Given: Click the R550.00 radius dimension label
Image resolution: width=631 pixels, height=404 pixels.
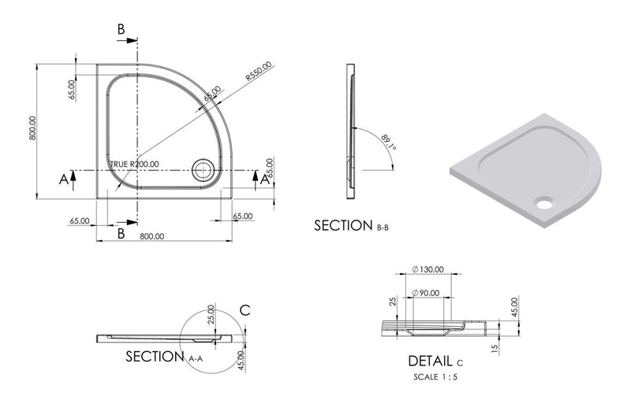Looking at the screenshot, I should (258, 72).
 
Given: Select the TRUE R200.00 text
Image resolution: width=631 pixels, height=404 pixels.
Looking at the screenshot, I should (133, 164).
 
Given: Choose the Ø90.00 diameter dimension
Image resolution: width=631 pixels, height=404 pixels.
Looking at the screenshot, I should (427, 293).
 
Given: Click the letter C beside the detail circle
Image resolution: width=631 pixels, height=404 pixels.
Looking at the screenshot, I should (245, 309).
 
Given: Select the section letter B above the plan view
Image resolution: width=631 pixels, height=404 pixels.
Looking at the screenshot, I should (121, 29).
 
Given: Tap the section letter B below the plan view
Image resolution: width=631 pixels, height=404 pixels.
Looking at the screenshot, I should (121, 234).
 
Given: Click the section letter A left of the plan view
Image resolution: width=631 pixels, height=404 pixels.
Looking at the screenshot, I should (63, 180).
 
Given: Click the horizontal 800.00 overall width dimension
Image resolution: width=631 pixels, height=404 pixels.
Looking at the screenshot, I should (151, 236).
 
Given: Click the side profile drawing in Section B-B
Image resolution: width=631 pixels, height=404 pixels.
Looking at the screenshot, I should (350, 130).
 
